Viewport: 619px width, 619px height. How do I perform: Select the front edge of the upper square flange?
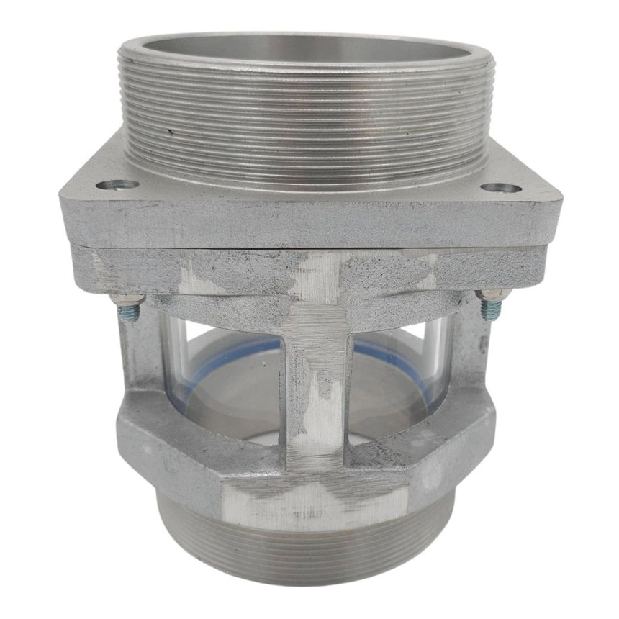tap(309, 223)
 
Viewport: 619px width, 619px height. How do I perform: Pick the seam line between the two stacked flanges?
tap(309, 246)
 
